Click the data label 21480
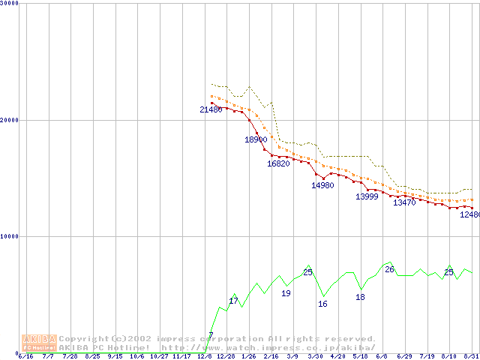pyautogui.click(x=211, y=109)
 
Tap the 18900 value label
pyautogui.click(x=256, y=139)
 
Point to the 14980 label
pyautogui.click(x=322, y=185)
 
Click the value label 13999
pyautogui.click(x=367, y=196)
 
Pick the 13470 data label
pyautogui.click(x=404, y=202)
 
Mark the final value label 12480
pyautogui.click(x=469, y=214)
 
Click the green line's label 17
pyautogui.click(x=233, y=301)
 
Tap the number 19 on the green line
pyautogui.click(x=286, y=293)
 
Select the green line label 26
pyautogui.click(x=389, y=269)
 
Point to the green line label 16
pyautogui.click(x=322, y=304)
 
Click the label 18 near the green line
pyautogui.click(x=360, y=297)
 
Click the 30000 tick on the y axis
pyautogui.click(x=10, y=4)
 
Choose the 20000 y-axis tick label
pyautogui.click(x=10, y=120)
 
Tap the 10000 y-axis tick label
pyautogui.click(x=10, y=236)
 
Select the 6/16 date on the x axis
pyautogui.click(x=25, y=356)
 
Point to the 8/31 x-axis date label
pyautogui.click(x=472, y=356)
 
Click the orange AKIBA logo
pyautogui.click(x=39, y=343)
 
